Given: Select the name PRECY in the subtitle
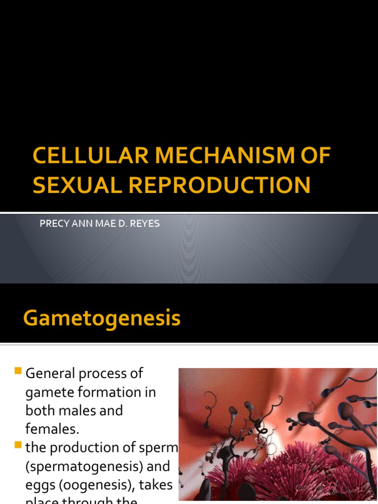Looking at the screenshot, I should coord(51,223).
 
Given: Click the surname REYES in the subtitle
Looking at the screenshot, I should coord(146,223).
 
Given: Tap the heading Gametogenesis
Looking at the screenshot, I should coord(102,318).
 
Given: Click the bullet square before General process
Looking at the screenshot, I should coord(19,371).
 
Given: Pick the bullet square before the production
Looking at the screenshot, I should coord(19,445).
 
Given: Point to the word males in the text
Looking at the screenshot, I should coord(104,410).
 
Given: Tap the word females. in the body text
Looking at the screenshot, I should coord(52,429).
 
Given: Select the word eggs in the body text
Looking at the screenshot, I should coord(40,485).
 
